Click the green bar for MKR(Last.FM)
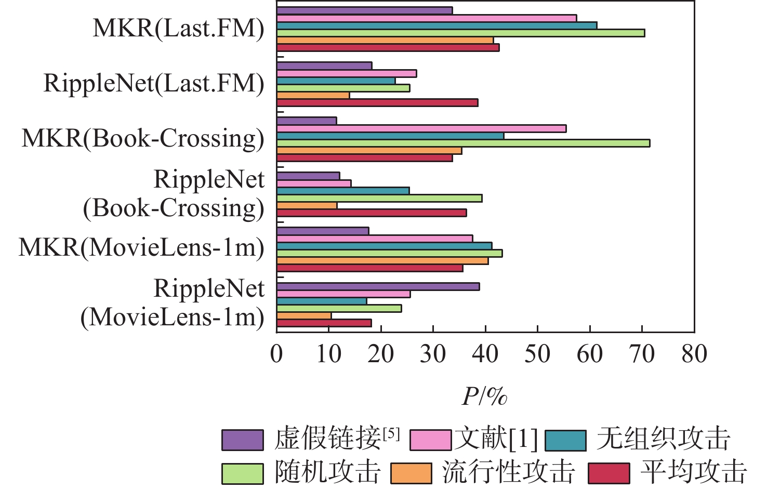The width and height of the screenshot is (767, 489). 460,33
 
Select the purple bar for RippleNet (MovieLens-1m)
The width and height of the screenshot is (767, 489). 378,286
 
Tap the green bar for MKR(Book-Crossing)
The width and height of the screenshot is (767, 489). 463,143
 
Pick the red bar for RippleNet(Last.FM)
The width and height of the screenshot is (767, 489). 377,102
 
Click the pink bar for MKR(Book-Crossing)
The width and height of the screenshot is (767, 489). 421,128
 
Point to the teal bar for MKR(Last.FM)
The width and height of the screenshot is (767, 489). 437,25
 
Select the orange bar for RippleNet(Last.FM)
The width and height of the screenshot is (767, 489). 313,95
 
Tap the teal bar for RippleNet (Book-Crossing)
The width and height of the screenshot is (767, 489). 343,190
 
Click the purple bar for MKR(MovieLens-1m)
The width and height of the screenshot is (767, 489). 323,231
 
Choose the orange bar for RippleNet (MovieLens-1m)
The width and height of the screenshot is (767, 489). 304,315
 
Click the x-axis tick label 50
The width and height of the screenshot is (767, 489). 537,354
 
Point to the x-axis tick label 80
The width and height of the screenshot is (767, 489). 694,354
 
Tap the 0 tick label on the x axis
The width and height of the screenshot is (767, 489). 276,354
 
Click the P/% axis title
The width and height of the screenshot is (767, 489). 484,397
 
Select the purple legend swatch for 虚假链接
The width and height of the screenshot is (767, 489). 242,440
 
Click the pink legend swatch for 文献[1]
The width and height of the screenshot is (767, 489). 430,440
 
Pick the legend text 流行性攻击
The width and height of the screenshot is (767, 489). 508,472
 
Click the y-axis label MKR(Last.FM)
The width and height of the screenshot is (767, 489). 178,28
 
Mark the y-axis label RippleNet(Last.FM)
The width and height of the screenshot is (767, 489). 154,83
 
